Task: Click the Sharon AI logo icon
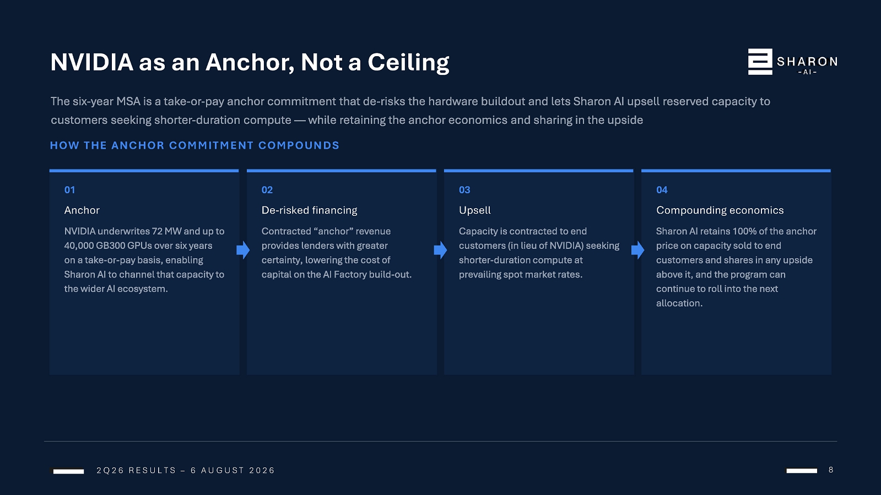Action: click(x=760, y=62)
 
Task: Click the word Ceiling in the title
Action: click(x=408, y=63)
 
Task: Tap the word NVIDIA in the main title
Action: click(x=92, y=62)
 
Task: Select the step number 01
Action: click(x=69, y=190)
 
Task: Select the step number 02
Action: click(x=267, y=190)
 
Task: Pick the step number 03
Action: click(x=464, y=190)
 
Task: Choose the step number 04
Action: click(x=662, y=190)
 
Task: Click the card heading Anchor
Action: click(x=82, y=210)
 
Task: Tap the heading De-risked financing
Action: click(x=310, y=210)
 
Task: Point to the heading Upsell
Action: click(x=475, y=210)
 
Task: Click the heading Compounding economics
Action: click(x=720, y=210)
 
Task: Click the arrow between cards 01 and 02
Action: click(x=243, y=250)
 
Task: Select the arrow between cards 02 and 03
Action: click(x=441, y=250)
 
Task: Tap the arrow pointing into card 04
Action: click(x=638, y=250)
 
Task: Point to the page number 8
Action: click(x=831, y=470)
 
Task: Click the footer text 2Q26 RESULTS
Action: click(x=137, y=470)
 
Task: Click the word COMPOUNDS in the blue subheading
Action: click(x=299, y=145)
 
